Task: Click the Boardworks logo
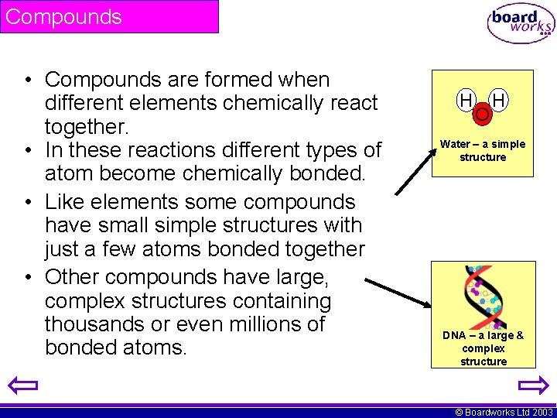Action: point(520,24)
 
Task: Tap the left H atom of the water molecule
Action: point(466,100)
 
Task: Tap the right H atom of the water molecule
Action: point(499,100)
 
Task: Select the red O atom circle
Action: point(482,115)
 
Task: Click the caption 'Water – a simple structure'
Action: point(483,150)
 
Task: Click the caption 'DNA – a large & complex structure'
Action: point(483,348)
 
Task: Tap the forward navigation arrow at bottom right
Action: point(533,385)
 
